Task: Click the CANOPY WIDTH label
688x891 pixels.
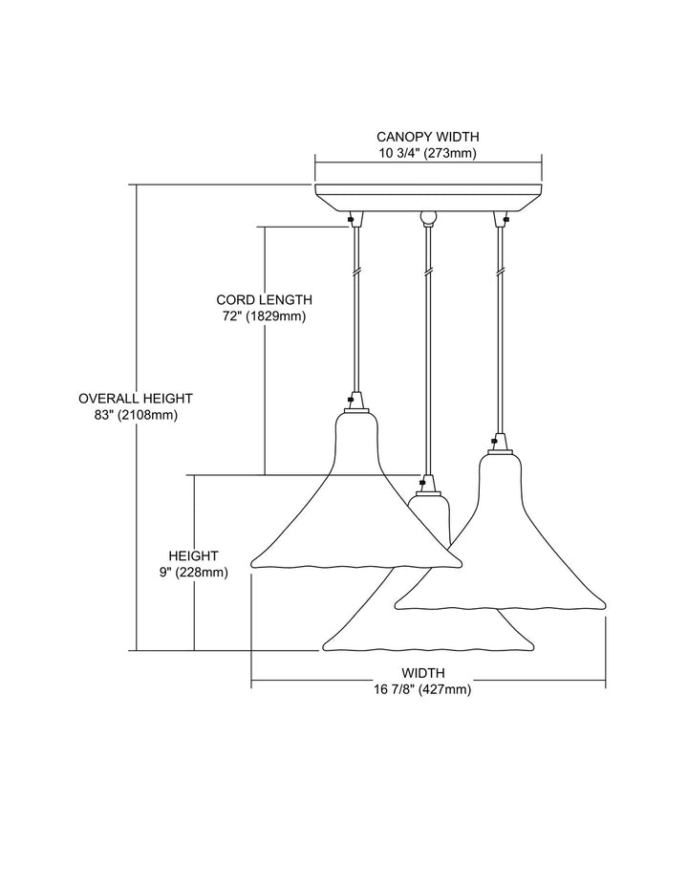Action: [x=427, y=137]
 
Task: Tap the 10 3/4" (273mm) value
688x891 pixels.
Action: [x=427, y=153]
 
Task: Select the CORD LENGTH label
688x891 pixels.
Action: [x=264, y=299]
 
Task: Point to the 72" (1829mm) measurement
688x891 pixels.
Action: [x=264, y=315]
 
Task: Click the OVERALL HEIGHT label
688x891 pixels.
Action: [x=136, y=399]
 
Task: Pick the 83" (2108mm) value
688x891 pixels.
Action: [x=136, y=415]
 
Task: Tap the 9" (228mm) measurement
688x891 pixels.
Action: [x=193, y=573]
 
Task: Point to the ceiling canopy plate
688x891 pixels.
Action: [x=428, y=196]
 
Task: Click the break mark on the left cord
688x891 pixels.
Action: [x=356, y=272]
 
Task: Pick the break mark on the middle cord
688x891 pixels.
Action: [x=427, y=272]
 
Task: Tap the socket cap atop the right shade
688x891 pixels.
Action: [x=498, y=443]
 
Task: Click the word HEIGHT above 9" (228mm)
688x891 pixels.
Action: [x=193, y=556]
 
